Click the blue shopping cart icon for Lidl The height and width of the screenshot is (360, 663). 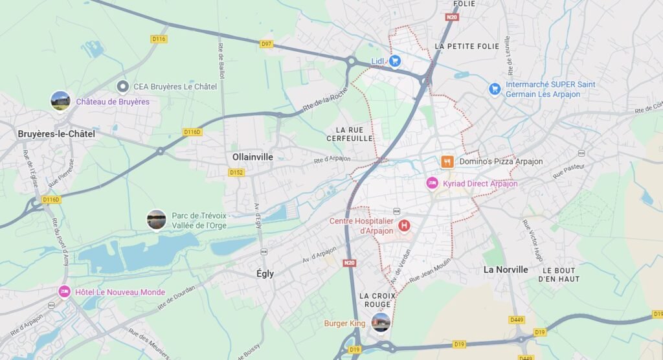pos(394,61)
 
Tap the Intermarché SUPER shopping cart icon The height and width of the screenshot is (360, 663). pos(495,89)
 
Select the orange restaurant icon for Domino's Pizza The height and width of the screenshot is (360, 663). pos(447,161)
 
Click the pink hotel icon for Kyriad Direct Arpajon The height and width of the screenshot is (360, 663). pos(432,183)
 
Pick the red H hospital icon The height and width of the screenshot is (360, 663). pos(405,225)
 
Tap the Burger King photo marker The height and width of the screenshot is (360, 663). pos(381,322)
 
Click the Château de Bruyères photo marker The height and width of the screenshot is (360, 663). pos(60,101)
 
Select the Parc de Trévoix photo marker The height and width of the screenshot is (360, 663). pos(157,219)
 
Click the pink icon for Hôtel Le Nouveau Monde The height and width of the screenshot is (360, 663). pos(64,292)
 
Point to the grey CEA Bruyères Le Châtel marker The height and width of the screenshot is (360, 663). pos(122,86)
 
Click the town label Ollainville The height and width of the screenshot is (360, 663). pos(253,157)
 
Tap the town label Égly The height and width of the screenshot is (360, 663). pos(265,274)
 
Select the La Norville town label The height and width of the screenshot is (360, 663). pos(506,269)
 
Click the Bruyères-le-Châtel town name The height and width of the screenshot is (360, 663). pos(56,134)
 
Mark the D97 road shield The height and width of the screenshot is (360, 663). pos(266,44)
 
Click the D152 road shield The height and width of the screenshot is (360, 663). pos(236,172)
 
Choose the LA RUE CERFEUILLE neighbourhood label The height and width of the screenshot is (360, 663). pos(350,134)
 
